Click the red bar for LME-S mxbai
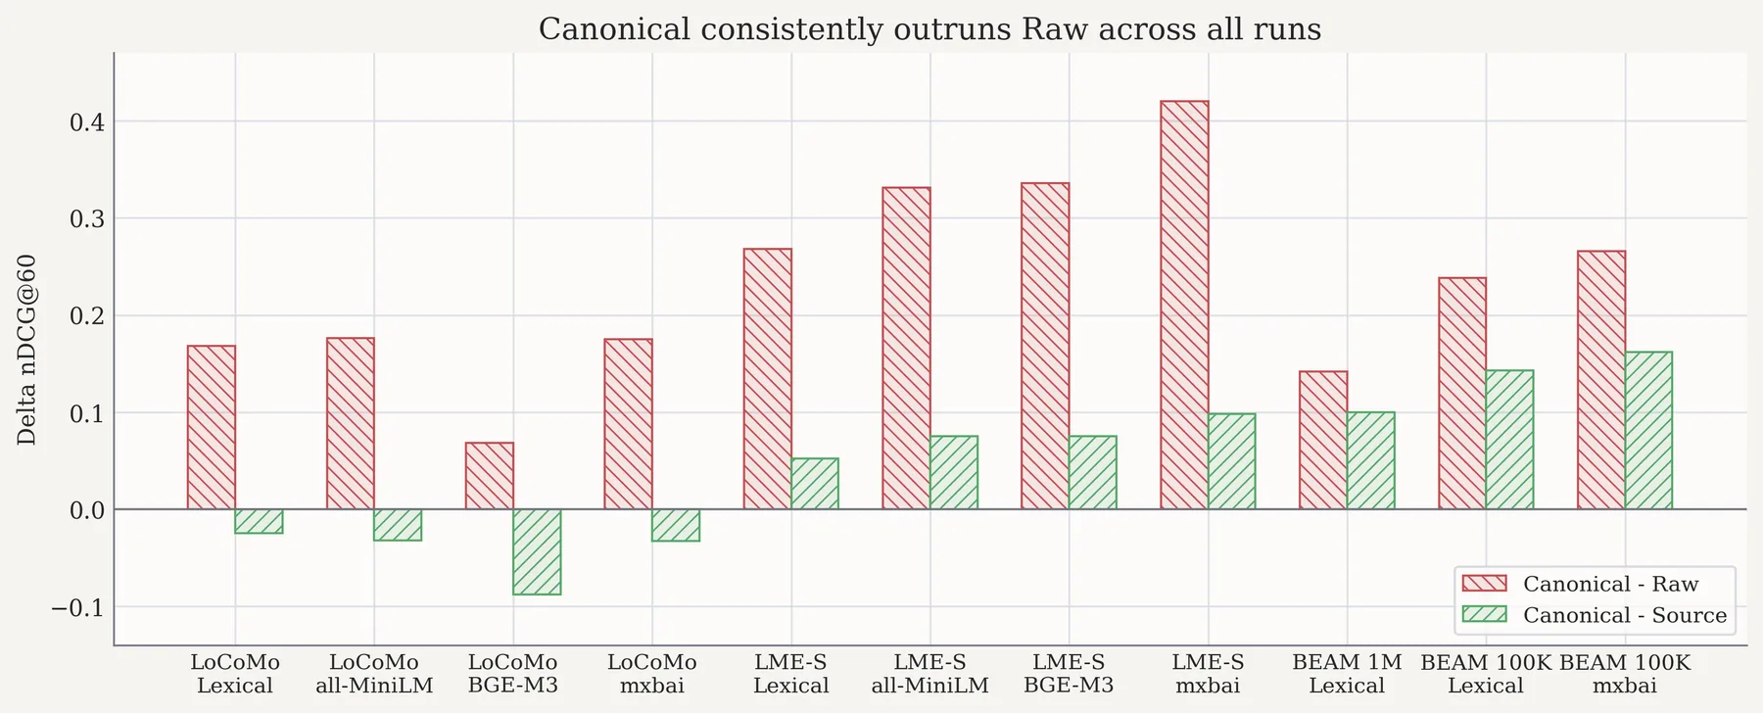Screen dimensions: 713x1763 tap(1184, 305)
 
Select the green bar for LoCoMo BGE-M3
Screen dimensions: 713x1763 tap(537, 551)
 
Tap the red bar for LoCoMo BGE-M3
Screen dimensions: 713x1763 tap(490, 476)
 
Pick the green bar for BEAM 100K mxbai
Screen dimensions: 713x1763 tap(1648, 430)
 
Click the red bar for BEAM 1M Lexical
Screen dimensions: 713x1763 tap(1323, 440)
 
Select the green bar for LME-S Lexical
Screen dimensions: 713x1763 tap(815, 484)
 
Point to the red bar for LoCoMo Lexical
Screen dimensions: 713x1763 tap(212, 427)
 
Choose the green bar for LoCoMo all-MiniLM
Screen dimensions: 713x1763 tap(398, 525)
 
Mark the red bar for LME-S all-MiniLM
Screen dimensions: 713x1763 tap(906, 348)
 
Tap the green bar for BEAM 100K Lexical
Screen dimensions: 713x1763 tap(1509, 440)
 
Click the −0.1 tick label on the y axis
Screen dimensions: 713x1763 tap(77, 607)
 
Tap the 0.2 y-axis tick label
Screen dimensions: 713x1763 tap(86, 316)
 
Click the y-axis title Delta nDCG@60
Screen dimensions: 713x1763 tap(27, 350)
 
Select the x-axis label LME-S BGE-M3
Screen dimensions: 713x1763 tap(1069, 674)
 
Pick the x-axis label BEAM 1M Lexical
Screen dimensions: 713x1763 tap(1347, 674)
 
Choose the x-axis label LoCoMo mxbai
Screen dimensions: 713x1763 tap(651, 674)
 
